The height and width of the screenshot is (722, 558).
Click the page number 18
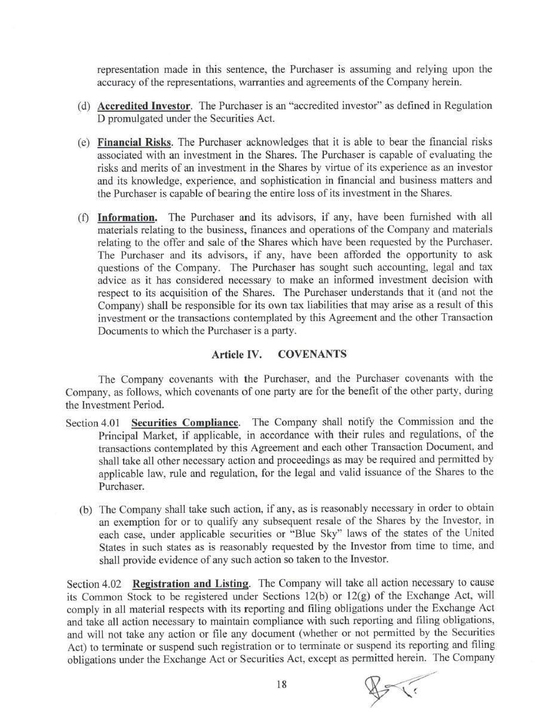pos(281,684)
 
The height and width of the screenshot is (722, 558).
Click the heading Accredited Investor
pos(143,106)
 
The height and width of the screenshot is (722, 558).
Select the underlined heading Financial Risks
pos(134,142)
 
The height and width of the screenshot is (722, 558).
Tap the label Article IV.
pos(237,354)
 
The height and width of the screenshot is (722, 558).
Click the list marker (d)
pos(84,106)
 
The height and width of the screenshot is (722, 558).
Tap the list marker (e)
pos(84,143)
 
